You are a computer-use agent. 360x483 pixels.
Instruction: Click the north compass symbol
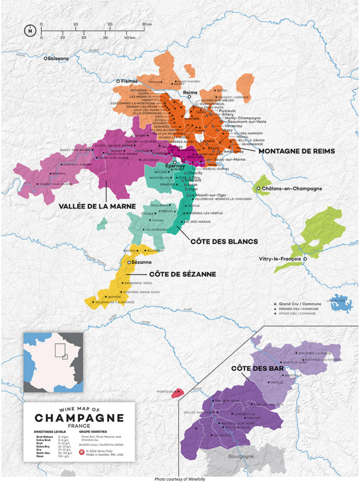(x=30, y=31)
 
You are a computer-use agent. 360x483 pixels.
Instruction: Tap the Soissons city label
(x=57, y=59)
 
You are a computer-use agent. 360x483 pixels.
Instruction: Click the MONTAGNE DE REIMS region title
(x=297, y=151)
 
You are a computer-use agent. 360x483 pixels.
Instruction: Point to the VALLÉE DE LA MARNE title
(x=97, y=206)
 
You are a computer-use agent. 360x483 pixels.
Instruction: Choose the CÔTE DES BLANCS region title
(x=224, y=241)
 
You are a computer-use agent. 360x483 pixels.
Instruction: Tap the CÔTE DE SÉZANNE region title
(x=182, y=274)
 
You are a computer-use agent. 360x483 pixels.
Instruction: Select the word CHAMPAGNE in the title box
(x=79, y=417)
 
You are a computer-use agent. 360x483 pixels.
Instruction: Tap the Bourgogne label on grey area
(x=240, y=456)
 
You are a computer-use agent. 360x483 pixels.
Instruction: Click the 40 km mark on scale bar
(x=130, y=37)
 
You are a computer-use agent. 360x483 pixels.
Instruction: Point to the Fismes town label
(x=129, y=81)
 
